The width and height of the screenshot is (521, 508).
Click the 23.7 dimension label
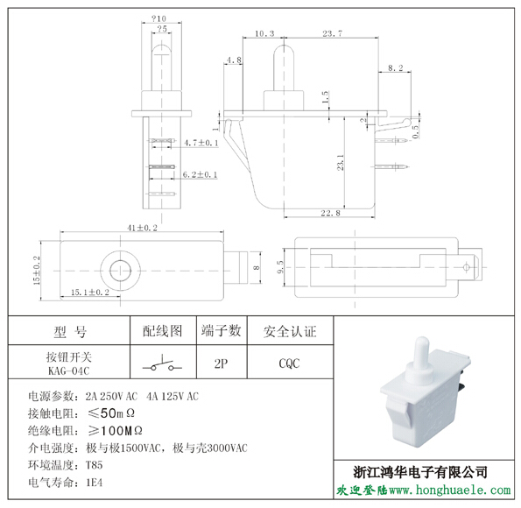(332, 33)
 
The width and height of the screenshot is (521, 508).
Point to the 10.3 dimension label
(264, 33)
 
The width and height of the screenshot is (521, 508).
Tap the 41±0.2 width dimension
(142, 228)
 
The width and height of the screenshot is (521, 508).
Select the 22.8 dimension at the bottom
(330, 213)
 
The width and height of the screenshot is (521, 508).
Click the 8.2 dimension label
(396, 67)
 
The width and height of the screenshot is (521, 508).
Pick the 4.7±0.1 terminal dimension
(201, 143)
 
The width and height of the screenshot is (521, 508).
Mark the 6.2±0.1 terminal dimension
(200, 174)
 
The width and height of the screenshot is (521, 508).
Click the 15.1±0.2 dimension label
(90, 293)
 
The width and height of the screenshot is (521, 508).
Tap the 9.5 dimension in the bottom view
(280, 267)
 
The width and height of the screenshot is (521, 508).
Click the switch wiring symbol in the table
(163, 364)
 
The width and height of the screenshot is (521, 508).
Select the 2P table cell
(221, 363)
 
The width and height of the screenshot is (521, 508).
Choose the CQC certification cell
(289, 363)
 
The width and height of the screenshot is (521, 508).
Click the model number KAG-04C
(69, 370)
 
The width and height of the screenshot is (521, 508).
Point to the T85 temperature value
(95, 465)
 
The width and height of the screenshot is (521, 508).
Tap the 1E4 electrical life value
(95, 482)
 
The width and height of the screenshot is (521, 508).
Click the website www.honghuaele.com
(449, 490)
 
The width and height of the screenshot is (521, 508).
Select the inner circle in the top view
(120, 271)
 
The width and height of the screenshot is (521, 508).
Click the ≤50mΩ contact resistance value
(111, 413)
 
